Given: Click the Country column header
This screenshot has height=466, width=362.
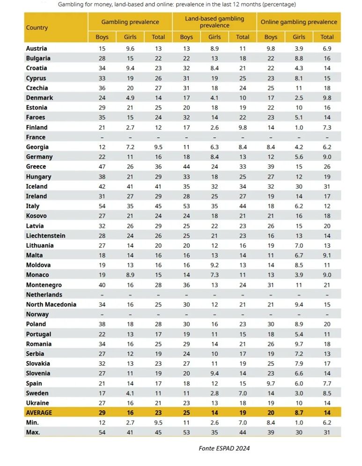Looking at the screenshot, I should point(37,28).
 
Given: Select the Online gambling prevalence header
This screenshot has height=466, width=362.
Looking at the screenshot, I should point(299,22).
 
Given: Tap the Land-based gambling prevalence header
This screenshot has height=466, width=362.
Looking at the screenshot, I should point(214,22).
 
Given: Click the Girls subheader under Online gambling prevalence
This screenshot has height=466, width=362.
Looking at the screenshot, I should point(299,37).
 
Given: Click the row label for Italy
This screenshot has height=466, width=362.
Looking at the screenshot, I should point(33,206).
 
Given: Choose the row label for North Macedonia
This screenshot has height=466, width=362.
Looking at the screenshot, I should point(51,304).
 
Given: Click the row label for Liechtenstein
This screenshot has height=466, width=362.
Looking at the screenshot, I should point(45,236).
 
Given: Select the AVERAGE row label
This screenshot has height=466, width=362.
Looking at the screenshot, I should point(39,413).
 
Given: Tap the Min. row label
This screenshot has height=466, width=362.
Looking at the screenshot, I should point(32,422).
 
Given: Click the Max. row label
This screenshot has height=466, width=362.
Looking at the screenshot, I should point(33,432).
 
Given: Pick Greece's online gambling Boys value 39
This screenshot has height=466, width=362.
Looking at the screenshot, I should point(271,167).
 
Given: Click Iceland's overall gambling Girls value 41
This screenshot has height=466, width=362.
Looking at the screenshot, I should point(130,186).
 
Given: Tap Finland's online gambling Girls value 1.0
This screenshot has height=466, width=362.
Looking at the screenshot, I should point(299,127).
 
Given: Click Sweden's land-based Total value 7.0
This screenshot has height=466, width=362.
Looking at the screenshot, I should point(243,393).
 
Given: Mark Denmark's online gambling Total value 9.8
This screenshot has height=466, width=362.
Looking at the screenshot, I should point(327,98).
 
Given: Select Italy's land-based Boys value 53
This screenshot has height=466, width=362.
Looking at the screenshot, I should point(186,206).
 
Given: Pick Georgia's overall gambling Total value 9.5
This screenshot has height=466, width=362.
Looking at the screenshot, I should point(158,147).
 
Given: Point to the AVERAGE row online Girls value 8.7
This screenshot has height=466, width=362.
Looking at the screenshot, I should point(299,413).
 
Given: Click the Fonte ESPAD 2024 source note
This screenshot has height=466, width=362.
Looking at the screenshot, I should point(224,448).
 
